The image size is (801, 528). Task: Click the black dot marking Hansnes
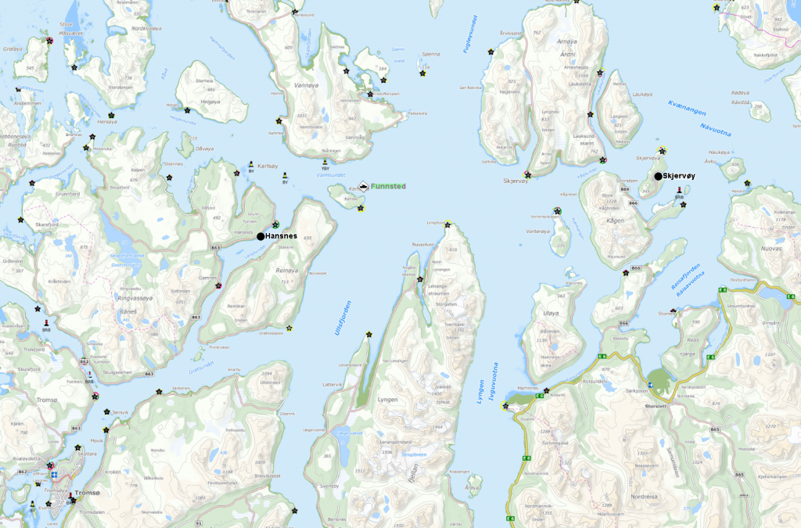click(x=260, y=235)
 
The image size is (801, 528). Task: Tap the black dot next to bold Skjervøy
click(x=658, y=176)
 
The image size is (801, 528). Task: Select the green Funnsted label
click(x=389, y=186)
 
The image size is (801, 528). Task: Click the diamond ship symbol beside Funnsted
click(x=363, y=186)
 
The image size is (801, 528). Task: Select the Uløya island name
click(x=551, y=313)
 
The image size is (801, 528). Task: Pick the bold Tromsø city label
click(x=86, y=494)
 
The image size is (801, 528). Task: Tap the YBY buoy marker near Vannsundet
click(x=325, y=166)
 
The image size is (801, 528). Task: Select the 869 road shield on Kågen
click(x=624, y=189)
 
